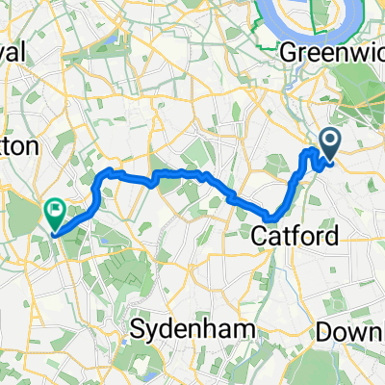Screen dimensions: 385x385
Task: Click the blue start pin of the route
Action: pyautogui.click(x=328, y=145)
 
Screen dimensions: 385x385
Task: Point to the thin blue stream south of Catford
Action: pyautogui.click(x=258, y=279)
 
